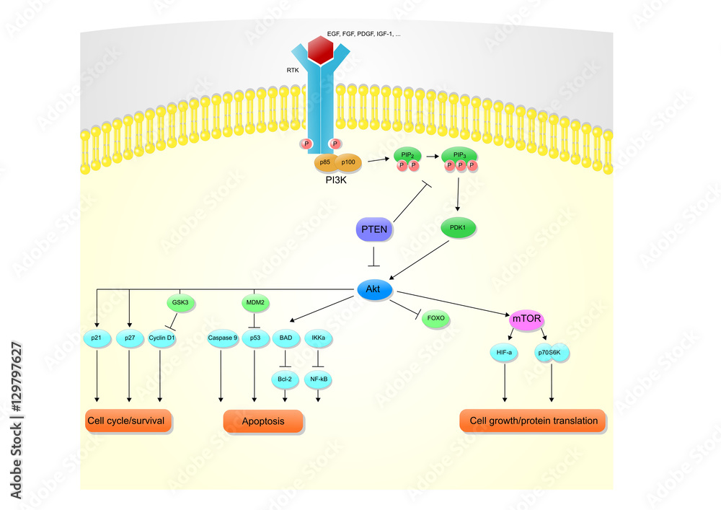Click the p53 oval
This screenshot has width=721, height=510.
tap(255, 338)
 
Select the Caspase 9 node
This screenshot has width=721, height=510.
tap(222, 338)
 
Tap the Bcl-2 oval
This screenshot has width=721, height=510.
tap(286, 378)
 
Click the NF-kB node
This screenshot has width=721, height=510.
tap(319, 378)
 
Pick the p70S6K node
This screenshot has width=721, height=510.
tap(552, 353)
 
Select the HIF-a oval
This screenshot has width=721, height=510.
tap(505, 353)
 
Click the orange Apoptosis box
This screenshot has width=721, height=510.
tap(262, 421)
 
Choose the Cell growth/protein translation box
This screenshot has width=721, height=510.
tap(533, 421)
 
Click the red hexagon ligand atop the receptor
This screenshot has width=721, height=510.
tap(320, 50)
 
